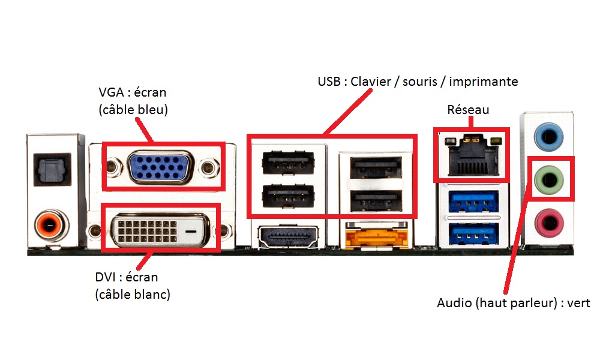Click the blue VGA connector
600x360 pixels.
point(160,166)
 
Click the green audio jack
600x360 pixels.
point(549,178)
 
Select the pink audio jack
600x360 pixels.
point(549,223)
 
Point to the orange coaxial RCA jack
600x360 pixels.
point(52,227)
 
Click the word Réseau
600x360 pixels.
point(468,110)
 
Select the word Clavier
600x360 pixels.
point(371,81)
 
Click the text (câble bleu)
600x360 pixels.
point(133,110)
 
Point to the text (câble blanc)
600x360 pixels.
point(132,295)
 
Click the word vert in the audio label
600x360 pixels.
point(578,304)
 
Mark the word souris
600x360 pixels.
point(421,81)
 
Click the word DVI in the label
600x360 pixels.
point(106,277)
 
